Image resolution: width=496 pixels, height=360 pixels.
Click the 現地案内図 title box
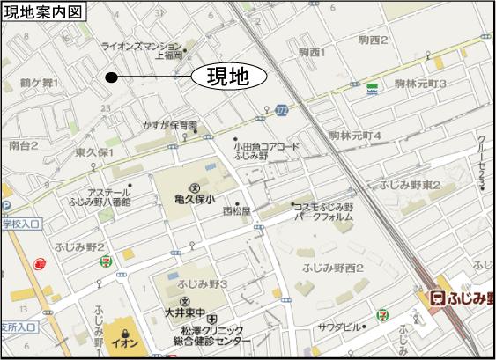pyautogui.click(x=44, y=11)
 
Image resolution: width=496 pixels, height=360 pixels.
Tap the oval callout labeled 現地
pyautogui.click(x=228, y=77)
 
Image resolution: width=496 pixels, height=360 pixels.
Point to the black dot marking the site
pyautogui.click(x=111, y=77)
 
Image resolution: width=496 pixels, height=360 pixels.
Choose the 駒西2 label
pyautogui.click(x=374, y=40)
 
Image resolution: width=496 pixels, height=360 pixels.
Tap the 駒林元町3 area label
pyautogui.click(x=421, y=84)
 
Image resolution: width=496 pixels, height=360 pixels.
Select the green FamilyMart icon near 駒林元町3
pyautogui.click(x=374, y=87)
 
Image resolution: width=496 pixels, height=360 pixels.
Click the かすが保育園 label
pyautogui.click(x=171, y=126)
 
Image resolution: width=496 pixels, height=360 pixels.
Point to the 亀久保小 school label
pyautogui.click(x=194, y=200)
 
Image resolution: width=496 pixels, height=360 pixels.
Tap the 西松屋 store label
pyautogui.click(x=236, y=211)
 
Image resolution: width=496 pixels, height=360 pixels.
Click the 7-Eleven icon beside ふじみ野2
pyautogui.click(x=107, y=260)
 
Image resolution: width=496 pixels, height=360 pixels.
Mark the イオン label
pyautogui.click(x=124, y=336)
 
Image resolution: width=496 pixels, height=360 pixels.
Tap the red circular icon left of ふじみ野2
pyautogui.click(x=39, y=262)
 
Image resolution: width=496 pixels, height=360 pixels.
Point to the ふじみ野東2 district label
pyautogui.click(x=410, y=185)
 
